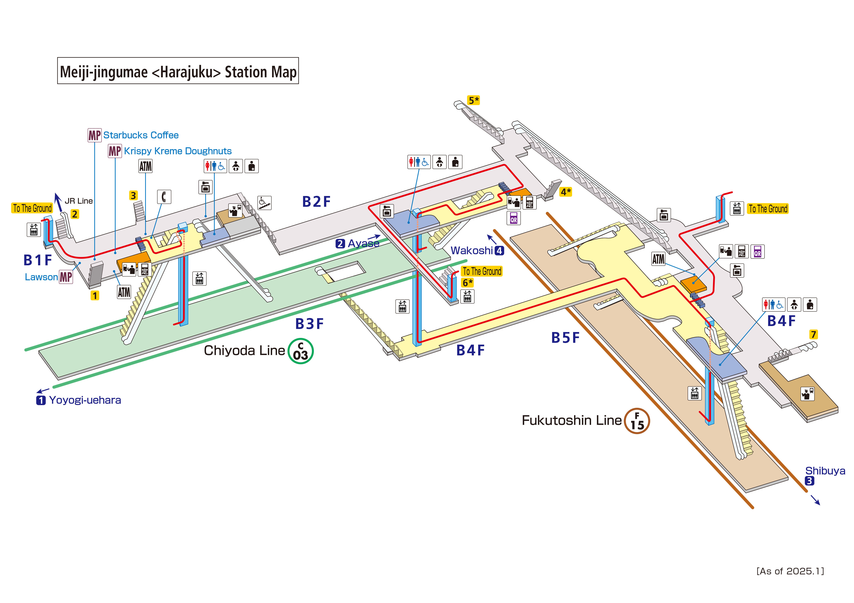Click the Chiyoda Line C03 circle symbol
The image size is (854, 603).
coord(301,351)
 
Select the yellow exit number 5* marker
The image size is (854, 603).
coord(473,100)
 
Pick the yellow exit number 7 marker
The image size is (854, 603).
coord(813,334)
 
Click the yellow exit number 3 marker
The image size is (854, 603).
coord(133,195)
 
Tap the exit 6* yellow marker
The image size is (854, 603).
coord(468,283)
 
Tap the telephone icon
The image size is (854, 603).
coord(164,197)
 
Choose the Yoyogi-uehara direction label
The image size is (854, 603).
coord(85,400)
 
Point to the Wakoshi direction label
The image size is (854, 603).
coord(472,250)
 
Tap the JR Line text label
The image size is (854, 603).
coord(79,201)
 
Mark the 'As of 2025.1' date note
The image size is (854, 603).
coord(790,571)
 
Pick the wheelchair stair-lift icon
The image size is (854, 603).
coord(264,203)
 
